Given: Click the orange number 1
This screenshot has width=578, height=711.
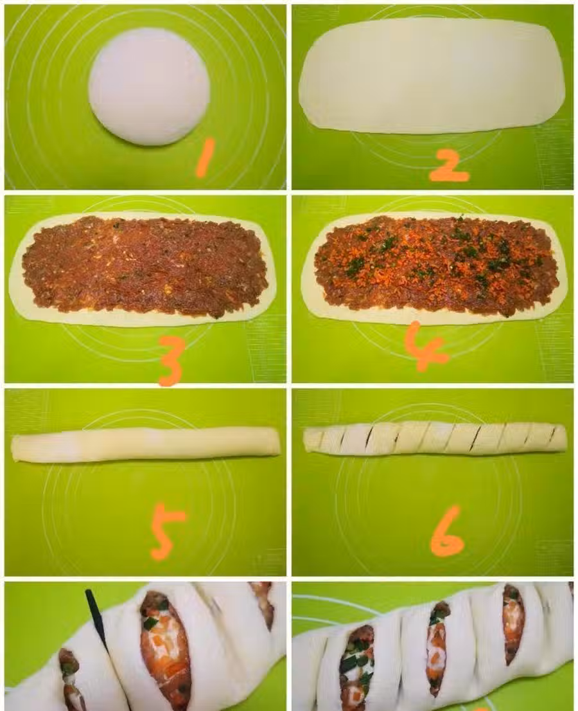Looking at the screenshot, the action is [205, 157].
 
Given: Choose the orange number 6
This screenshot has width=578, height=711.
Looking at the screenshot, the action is [447, 532].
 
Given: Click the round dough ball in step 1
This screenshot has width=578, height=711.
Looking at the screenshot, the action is [149, 87].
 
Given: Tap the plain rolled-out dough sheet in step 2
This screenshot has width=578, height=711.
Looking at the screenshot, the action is [432, 75].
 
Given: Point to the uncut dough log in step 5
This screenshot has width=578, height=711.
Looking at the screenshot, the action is [145, 445].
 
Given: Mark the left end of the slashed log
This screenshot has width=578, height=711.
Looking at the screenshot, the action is [304, 440].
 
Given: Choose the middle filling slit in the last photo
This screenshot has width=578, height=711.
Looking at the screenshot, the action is [437, 649].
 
